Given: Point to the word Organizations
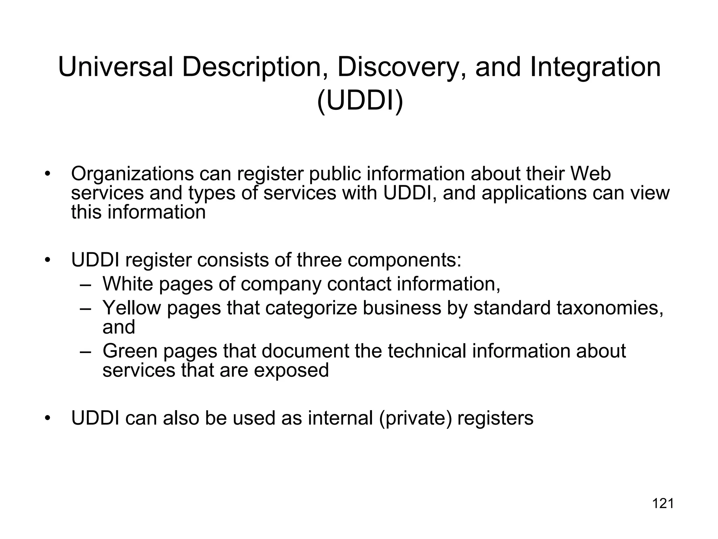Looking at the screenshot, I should coord(132,174).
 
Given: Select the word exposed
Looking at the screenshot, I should coord(291,371).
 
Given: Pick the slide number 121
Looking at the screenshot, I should coord(663,504).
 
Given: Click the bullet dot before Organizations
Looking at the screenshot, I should coord(48,174).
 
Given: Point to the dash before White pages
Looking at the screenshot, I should coord(85,284).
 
